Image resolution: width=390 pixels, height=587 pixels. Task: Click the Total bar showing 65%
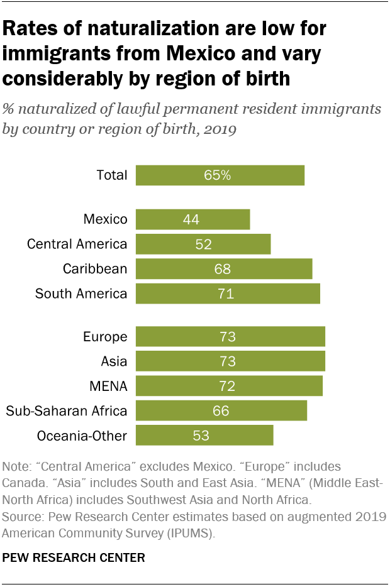click(x=220, y=175)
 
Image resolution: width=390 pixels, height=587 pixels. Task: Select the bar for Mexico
click(x=192, y=219)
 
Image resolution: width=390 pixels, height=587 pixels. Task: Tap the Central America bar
click(x=203, y=244)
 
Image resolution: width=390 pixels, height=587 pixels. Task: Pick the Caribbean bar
click(x=224, y=269)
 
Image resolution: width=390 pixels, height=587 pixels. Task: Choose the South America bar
click(x=228, y=293)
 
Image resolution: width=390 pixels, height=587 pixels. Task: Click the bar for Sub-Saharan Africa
click(x=221, y=411)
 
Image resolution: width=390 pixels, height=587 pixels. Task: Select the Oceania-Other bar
click(x=204, y=436)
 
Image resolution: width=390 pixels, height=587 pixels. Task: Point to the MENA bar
click(x=229, y=386)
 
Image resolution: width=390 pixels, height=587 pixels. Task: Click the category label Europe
click(x=105, y=337)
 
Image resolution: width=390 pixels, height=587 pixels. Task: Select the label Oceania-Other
click(x=82, y=436)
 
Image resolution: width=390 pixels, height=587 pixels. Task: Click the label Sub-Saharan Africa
click(x=67, y=411)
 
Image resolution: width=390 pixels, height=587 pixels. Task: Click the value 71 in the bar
click(x=226, y=293)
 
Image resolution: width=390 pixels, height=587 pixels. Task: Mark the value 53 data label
click(x=201, y=436)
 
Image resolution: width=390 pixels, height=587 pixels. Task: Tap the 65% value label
click(x=217, y=175)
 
